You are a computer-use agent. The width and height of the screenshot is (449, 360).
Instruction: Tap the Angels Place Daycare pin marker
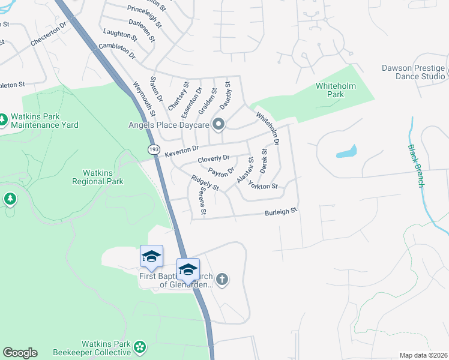pyautogui.click(x=218, y=125)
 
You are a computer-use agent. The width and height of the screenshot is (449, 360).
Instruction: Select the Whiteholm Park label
pyautogui.click(x=336, y=90)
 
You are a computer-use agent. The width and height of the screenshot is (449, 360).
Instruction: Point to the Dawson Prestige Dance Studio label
pyautogui.click(x=413, y=72)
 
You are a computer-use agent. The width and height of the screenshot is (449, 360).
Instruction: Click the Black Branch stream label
pyautogui.click(x=416, y=166)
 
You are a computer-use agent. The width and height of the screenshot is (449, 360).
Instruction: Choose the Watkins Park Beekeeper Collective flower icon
pyautogui.click(x=140, y=346)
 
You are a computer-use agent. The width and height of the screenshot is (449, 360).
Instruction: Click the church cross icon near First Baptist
pyautogui.click(x=222, y=278)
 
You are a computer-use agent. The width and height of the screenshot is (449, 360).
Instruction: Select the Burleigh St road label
pyautogui.click(x=282, y=212)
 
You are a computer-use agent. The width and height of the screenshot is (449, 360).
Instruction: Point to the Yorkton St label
pyautogui.click(x=262, y=186)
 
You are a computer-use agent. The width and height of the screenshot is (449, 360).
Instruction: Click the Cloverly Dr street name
pyautogui.click(x=213, y=159)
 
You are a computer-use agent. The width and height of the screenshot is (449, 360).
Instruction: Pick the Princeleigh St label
pyautogui.click(x=144, y=17)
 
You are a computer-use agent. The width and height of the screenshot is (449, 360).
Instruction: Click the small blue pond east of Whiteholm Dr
pyautogui.click(x=347, y=151)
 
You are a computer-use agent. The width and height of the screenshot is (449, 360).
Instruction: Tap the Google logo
pyautogui.click(x=20, y=353)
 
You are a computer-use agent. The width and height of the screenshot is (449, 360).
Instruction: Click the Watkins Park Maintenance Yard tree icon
pyautogui.click(x=3, y=119)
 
